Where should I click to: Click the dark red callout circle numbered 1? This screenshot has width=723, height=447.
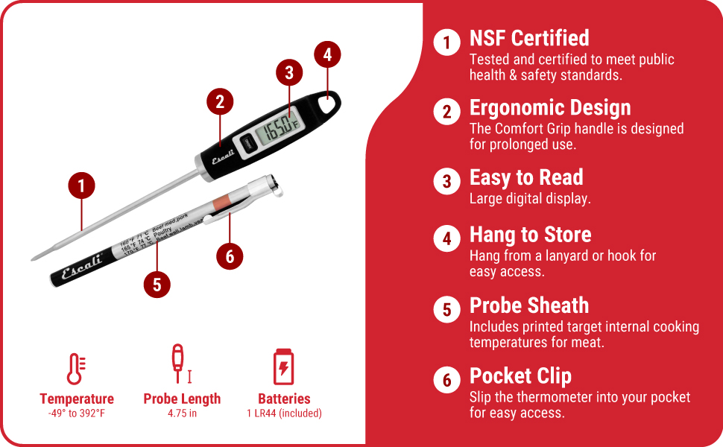click(x=81, y=186)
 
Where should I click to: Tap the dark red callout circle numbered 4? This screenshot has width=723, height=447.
click(x=327, y=54)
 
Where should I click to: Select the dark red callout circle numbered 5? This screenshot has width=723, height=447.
click(x=157, y=284)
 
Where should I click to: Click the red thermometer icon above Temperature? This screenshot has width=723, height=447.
click(x=76, y=369)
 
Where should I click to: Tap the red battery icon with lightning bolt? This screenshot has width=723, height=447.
click(x=283, y=367)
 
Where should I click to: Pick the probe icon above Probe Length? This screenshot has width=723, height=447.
click(x=179, y=364)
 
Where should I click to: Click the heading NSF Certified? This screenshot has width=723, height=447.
click(x=529, y=38)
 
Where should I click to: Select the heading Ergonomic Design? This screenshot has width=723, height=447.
click(x=550, y=108)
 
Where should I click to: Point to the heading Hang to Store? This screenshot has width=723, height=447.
click(x=530, y=235)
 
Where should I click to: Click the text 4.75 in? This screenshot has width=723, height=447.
click(x=182, y=413)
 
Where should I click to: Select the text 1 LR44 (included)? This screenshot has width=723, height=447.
click(x=284, y=413)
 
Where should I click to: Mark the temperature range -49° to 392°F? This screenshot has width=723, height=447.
click(x=76, y=413)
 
